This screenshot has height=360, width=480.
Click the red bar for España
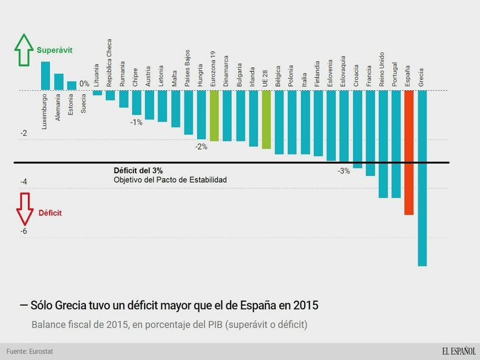click(x=409, y=152)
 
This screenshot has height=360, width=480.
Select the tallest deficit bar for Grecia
click(x=422, y=178)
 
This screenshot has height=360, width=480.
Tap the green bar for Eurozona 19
click(x=214, y=116)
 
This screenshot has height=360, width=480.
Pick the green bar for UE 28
click(x=267, y=119)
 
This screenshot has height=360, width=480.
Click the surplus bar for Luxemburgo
click(x=45, y=76)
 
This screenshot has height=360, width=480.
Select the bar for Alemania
click(x=58, y=82)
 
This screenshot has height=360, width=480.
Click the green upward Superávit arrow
click(x=23, y=51)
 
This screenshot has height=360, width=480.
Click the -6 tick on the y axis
click(x=23, y=232)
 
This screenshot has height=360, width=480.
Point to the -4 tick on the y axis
click(x=23, y=182)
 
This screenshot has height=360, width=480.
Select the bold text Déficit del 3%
click(x=138, y=171)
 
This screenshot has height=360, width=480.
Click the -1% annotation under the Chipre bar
click(x=136, y=122)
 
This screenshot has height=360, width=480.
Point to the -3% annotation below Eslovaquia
click(x=344, y=171)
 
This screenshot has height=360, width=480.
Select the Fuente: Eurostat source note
click(x=29, y=351)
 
